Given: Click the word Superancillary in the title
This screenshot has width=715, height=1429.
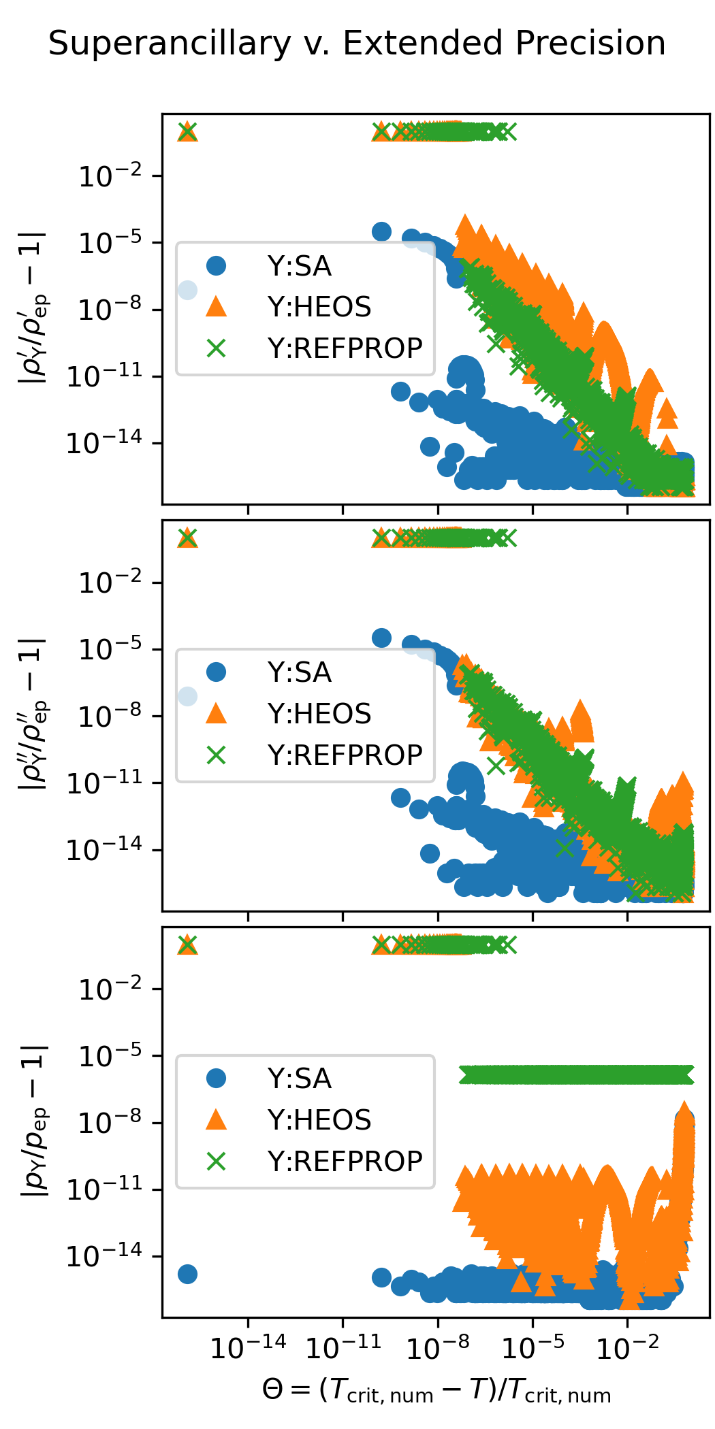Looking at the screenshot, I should (x=170, y=44).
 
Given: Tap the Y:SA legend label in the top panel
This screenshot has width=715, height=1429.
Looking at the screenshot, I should (x=300, y=266).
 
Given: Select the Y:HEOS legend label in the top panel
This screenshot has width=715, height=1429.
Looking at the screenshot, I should (x=319, y=307).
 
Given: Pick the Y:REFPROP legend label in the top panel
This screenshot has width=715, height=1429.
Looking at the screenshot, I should (x=345, y=348).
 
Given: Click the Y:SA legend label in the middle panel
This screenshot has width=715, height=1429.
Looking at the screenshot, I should (x=300, y=672).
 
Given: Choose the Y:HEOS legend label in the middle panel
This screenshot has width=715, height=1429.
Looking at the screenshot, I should (x=319, y=714).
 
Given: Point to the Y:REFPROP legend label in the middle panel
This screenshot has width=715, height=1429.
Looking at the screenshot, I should (x=345, y=755).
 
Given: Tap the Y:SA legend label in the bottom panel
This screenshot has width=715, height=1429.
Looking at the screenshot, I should (x=300, y=1079).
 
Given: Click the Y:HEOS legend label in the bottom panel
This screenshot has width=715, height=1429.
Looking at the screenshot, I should (x=319, y=1120).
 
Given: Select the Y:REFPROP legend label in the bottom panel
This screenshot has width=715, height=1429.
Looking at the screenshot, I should (x=345, y=1161).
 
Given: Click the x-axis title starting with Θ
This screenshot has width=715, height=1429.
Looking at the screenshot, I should (x=436, y=1390).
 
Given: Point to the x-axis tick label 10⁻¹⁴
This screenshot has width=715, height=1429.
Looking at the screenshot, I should (x=248, y=1347).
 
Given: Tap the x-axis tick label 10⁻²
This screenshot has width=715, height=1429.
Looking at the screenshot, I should (x=628, y=1347).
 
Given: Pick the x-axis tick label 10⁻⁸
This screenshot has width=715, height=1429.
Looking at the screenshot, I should (x=438, y=1347).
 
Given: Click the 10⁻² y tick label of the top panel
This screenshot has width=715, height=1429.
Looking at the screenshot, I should (x=110, y=176).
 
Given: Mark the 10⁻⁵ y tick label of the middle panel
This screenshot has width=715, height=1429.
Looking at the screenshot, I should (x=110, y=649).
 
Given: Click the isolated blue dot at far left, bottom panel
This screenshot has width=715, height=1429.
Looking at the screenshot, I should (x=187, y=1274).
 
